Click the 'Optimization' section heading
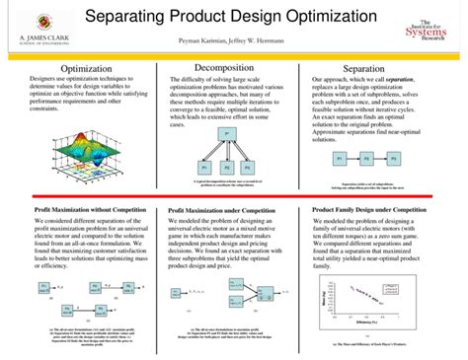tap(86, 68)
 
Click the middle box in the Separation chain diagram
tap(366, 157)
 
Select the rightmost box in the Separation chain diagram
tap(393, 157)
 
